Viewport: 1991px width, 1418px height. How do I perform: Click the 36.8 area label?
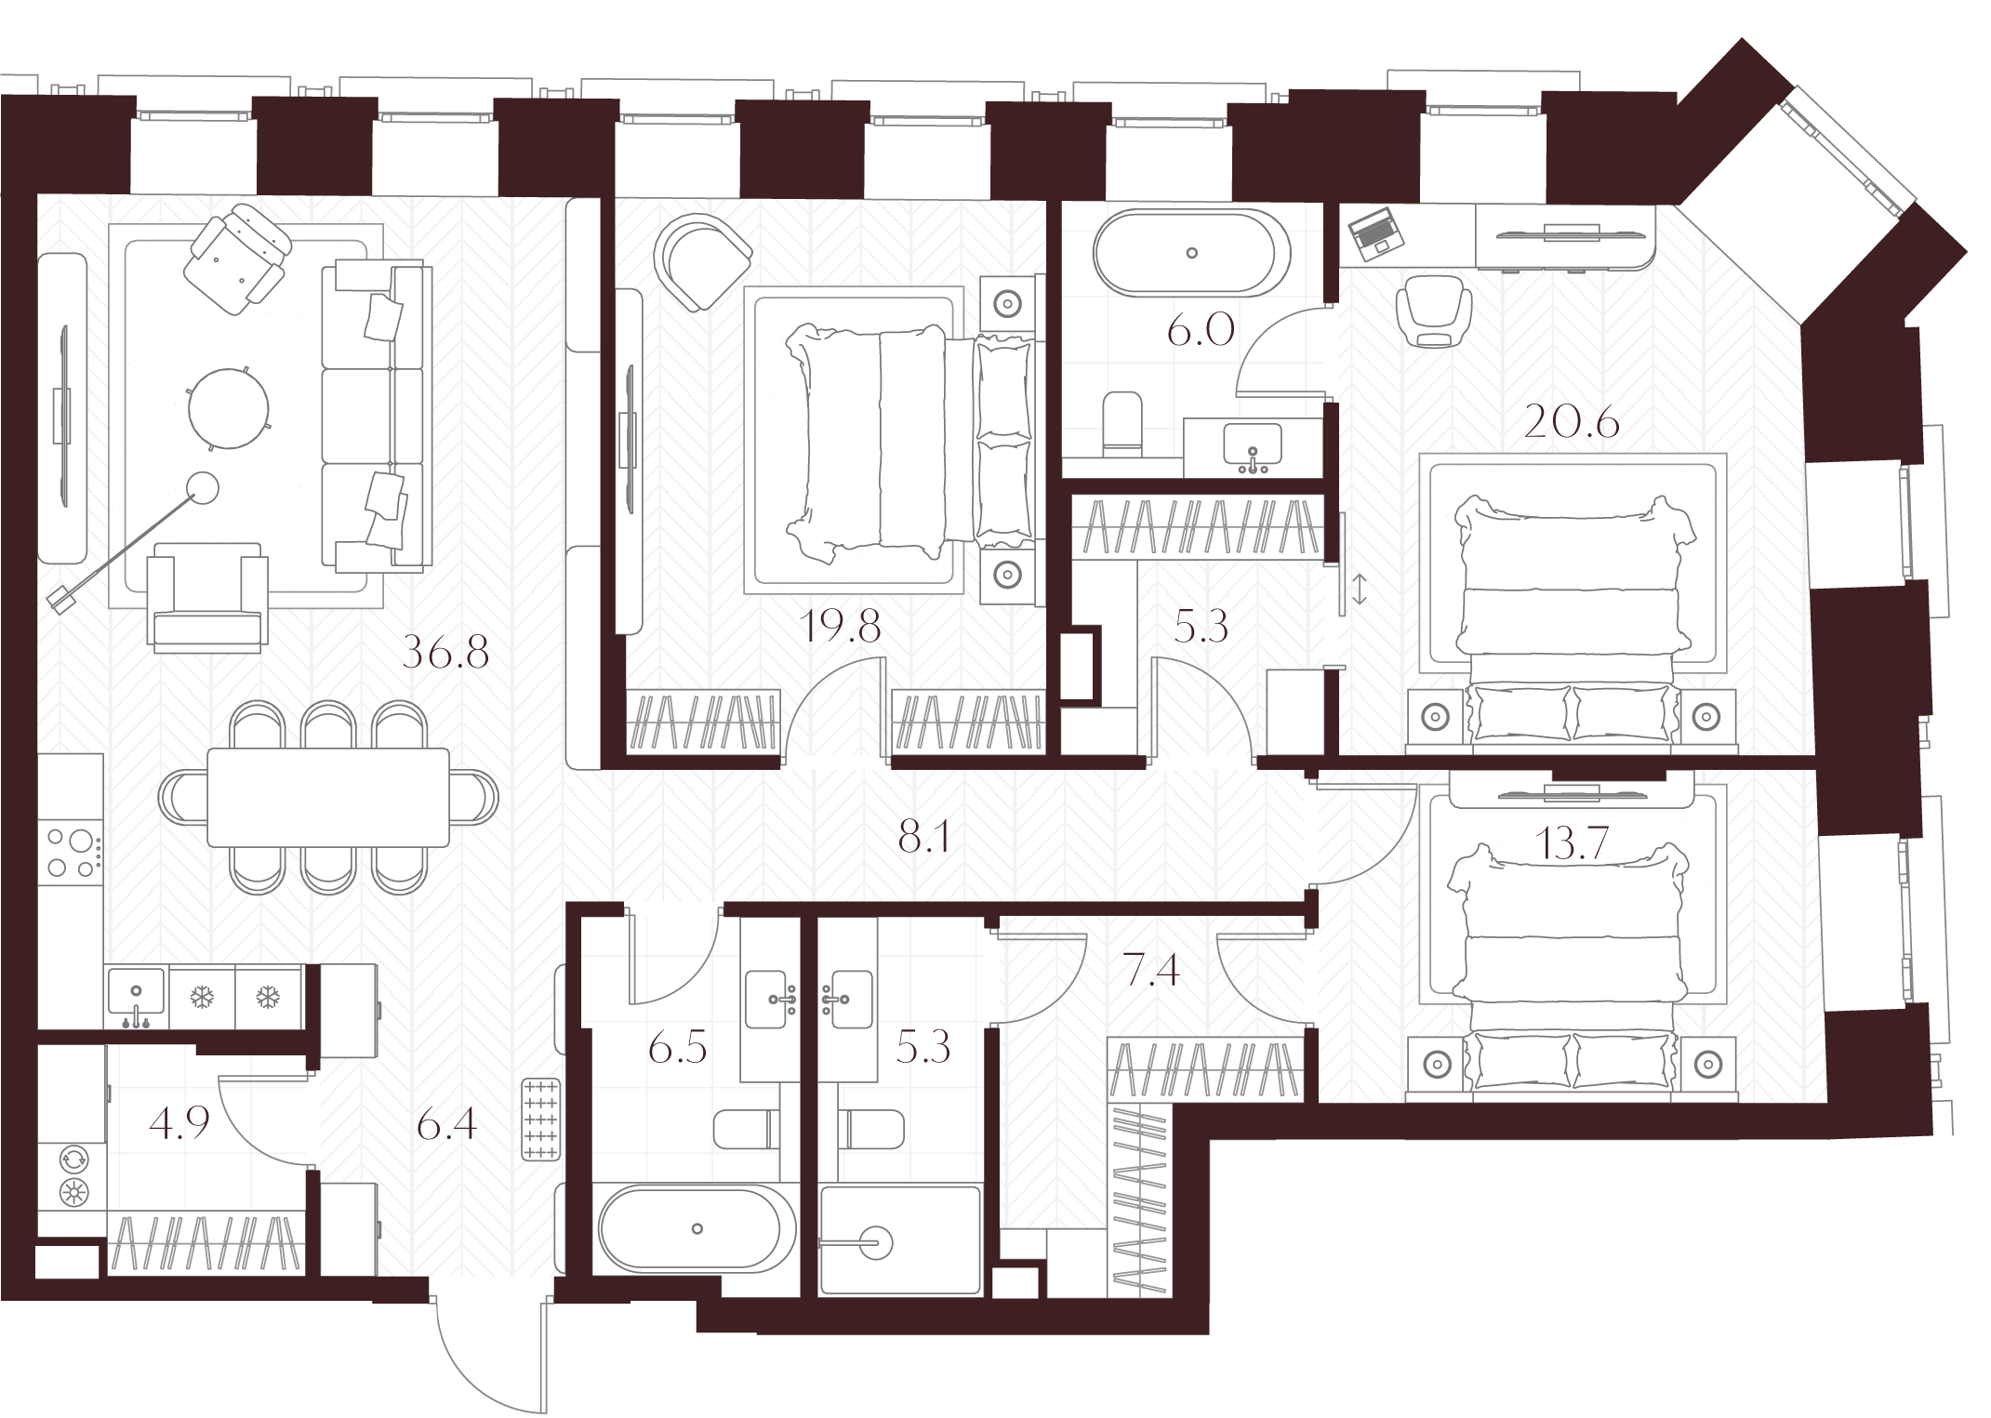445,654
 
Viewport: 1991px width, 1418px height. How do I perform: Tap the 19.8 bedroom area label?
840,628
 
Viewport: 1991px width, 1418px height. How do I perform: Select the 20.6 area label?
1573,423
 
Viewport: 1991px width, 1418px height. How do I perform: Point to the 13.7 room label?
1573,844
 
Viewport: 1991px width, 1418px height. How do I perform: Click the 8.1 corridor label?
923,839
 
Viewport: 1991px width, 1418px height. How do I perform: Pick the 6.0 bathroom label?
1201,329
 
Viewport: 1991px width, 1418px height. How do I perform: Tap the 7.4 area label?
1151,971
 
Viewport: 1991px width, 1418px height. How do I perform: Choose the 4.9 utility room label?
179,1122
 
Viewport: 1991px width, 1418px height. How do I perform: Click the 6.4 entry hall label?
446,1125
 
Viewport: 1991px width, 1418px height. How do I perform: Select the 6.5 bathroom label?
678,1048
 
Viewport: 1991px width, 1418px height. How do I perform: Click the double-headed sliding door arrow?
1360,590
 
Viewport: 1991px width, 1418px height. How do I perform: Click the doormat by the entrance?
542,1120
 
